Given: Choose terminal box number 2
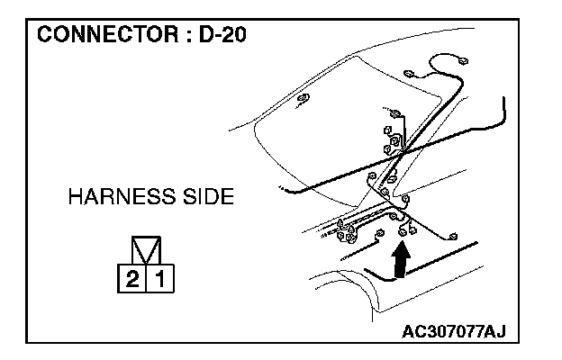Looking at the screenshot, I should click(x=132, y=280).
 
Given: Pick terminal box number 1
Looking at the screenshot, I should click(x=159, y=280).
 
